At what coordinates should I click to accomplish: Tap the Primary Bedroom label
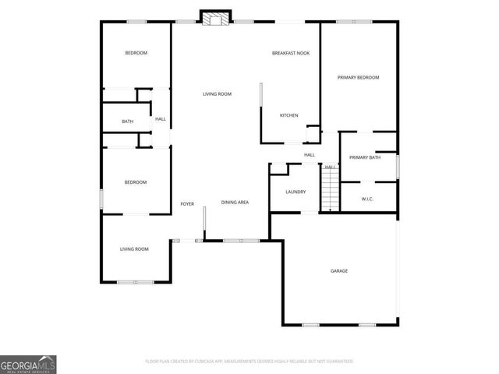click(x=358, y=78)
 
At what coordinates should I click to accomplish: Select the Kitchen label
click(x=289, y=115)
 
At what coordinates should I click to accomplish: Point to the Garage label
click(x=338, y=271)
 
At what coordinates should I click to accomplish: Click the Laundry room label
click(x=296, y=192)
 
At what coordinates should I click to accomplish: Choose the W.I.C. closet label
click(x=368, y=199)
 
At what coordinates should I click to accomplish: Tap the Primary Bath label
click(x=364, y=158)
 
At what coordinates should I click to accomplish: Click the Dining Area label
click(x=235, y=203)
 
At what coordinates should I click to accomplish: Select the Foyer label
click(x=187, y=204)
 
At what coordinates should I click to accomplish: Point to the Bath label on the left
click(x=127, y=122)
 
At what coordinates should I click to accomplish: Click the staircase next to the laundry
click(x=331, y=192)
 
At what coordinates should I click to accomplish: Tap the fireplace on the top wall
click(x=213, y=18)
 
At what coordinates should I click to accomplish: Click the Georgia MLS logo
click(x=28, y=364)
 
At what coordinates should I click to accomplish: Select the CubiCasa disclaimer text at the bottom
click(x=249, y=362)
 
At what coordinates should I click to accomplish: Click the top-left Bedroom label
click(x=136, y=53)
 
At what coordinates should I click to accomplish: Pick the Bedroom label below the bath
click(x=136, y=182)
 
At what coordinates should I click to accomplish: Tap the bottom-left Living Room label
click(x=134, y=249)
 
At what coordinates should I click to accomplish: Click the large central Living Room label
click(x=217, y=94)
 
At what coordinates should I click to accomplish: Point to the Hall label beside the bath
click(x=161, y=119)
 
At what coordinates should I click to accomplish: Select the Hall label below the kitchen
click(x=309, y=155)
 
